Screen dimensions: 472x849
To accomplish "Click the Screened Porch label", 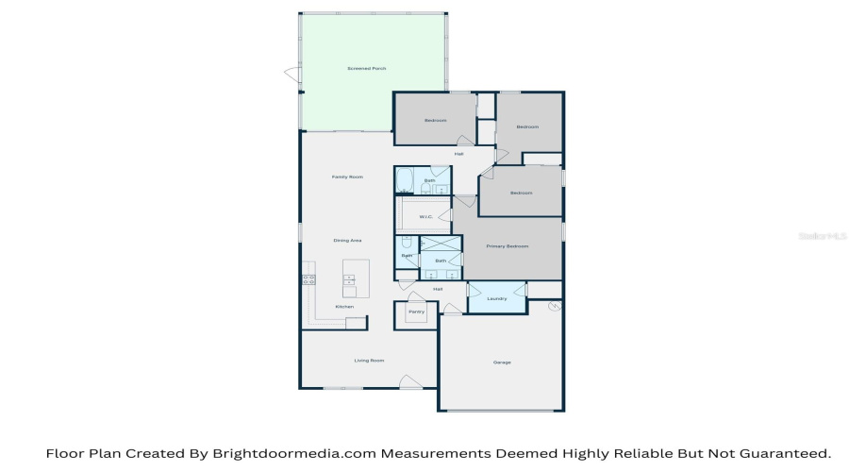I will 367,69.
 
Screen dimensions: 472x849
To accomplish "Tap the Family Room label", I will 347,177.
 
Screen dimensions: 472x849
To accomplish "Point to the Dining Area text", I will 347,241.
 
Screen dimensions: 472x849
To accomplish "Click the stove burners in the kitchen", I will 308,278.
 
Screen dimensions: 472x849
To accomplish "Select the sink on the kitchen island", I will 349,279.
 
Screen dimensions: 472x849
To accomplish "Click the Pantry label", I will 416,312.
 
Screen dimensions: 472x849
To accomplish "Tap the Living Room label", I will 369,361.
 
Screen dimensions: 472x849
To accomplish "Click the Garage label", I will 502,362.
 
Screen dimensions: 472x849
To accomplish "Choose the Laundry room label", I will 497,299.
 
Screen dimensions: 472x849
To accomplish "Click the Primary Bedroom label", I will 508,246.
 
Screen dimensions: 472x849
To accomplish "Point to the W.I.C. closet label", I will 425,217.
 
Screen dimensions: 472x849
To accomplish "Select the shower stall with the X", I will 441,244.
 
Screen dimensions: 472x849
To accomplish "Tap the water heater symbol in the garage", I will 555,307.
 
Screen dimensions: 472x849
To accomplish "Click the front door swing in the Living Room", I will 410,381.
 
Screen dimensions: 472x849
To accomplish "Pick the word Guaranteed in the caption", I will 779,454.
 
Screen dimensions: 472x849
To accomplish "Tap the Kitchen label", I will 345,308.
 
